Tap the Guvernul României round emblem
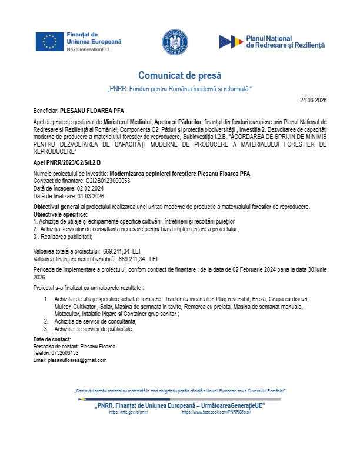click(x=175, y=42)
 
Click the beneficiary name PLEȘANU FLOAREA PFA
click(x=92, y=110)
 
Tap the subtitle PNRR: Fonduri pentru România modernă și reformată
click(x=180, y=88)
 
